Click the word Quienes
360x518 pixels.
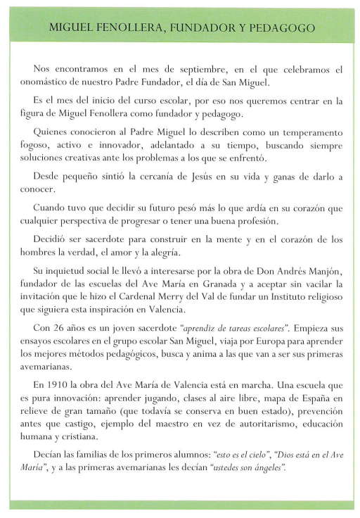point(51,132)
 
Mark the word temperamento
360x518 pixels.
point(310,132)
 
